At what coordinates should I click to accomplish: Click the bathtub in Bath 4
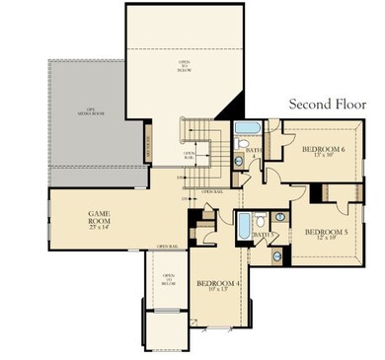coord(247,129)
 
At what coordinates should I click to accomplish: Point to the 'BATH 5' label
coord(263,235)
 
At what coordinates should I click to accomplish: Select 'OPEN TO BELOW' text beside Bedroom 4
coord(168,281)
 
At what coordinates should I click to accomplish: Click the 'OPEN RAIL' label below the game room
coord(166,246)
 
